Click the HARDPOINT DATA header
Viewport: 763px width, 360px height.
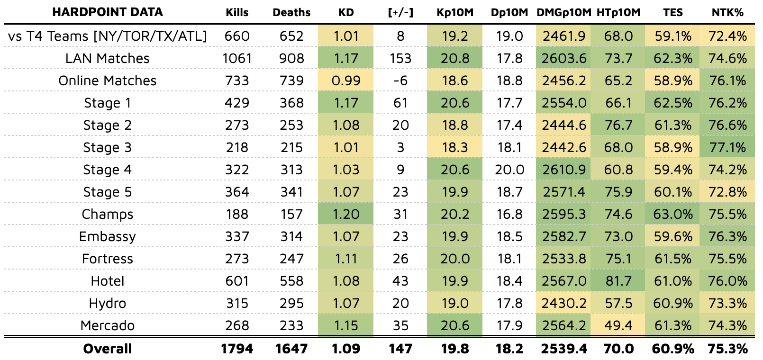click(108, 12)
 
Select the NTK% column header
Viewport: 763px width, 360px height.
click(727, 12)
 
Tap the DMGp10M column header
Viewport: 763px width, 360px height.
click(563, 12)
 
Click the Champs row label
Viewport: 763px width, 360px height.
click(108, 214)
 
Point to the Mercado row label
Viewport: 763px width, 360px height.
click(108, 325)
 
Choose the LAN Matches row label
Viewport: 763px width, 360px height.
click(108, 58)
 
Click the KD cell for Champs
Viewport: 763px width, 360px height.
click(346, 214)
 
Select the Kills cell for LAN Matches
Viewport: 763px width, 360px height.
click(237, 58)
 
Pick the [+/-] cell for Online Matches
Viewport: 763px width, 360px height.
click(400, 81)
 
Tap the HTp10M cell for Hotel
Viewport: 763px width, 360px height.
click(618, 281)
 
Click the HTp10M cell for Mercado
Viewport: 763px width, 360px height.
click(618, 325)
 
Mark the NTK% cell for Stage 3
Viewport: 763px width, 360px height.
click(727, 147)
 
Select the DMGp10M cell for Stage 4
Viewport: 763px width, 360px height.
click(563, 170)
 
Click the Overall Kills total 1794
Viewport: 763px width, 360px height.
click(237, 349)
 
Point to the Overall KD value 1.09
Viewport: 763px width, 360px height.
click(346, 349)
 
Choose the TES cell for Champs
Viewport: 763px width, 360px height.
click(672, 214)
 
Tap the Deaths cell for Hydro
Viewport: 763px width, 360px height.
click(291, 303)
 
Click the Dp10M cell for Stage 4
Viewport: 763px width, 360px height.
click(509, 170)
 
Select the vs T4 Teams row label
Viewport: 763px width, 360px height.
click(108, 36)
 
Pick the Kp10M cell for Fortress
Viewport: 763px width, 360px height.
click(455, 259)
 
